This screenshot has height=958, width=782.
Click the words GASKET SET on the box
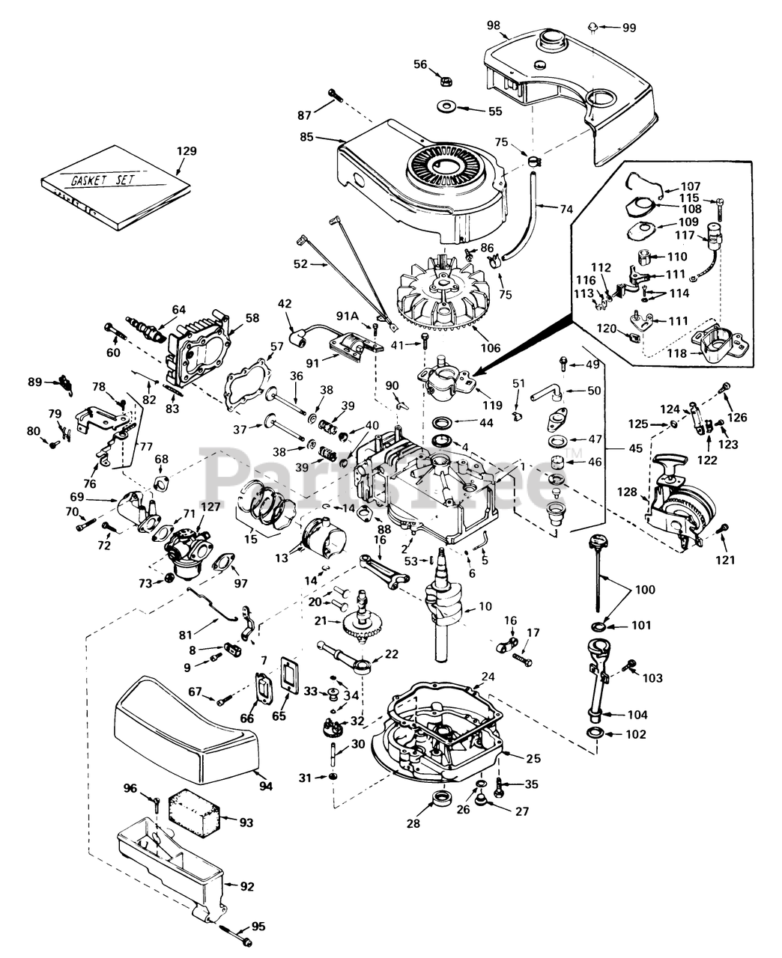tap(103, 180)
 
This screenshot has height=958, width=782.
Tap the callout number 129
tap(187, 151)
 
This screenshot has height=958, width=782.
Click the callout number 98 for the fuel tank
tap(494, 25)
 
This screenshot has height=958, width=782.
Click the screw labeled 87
tap(335, 96)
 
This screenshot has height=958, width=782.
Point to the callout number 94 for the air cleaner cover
tap(265, 785)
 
